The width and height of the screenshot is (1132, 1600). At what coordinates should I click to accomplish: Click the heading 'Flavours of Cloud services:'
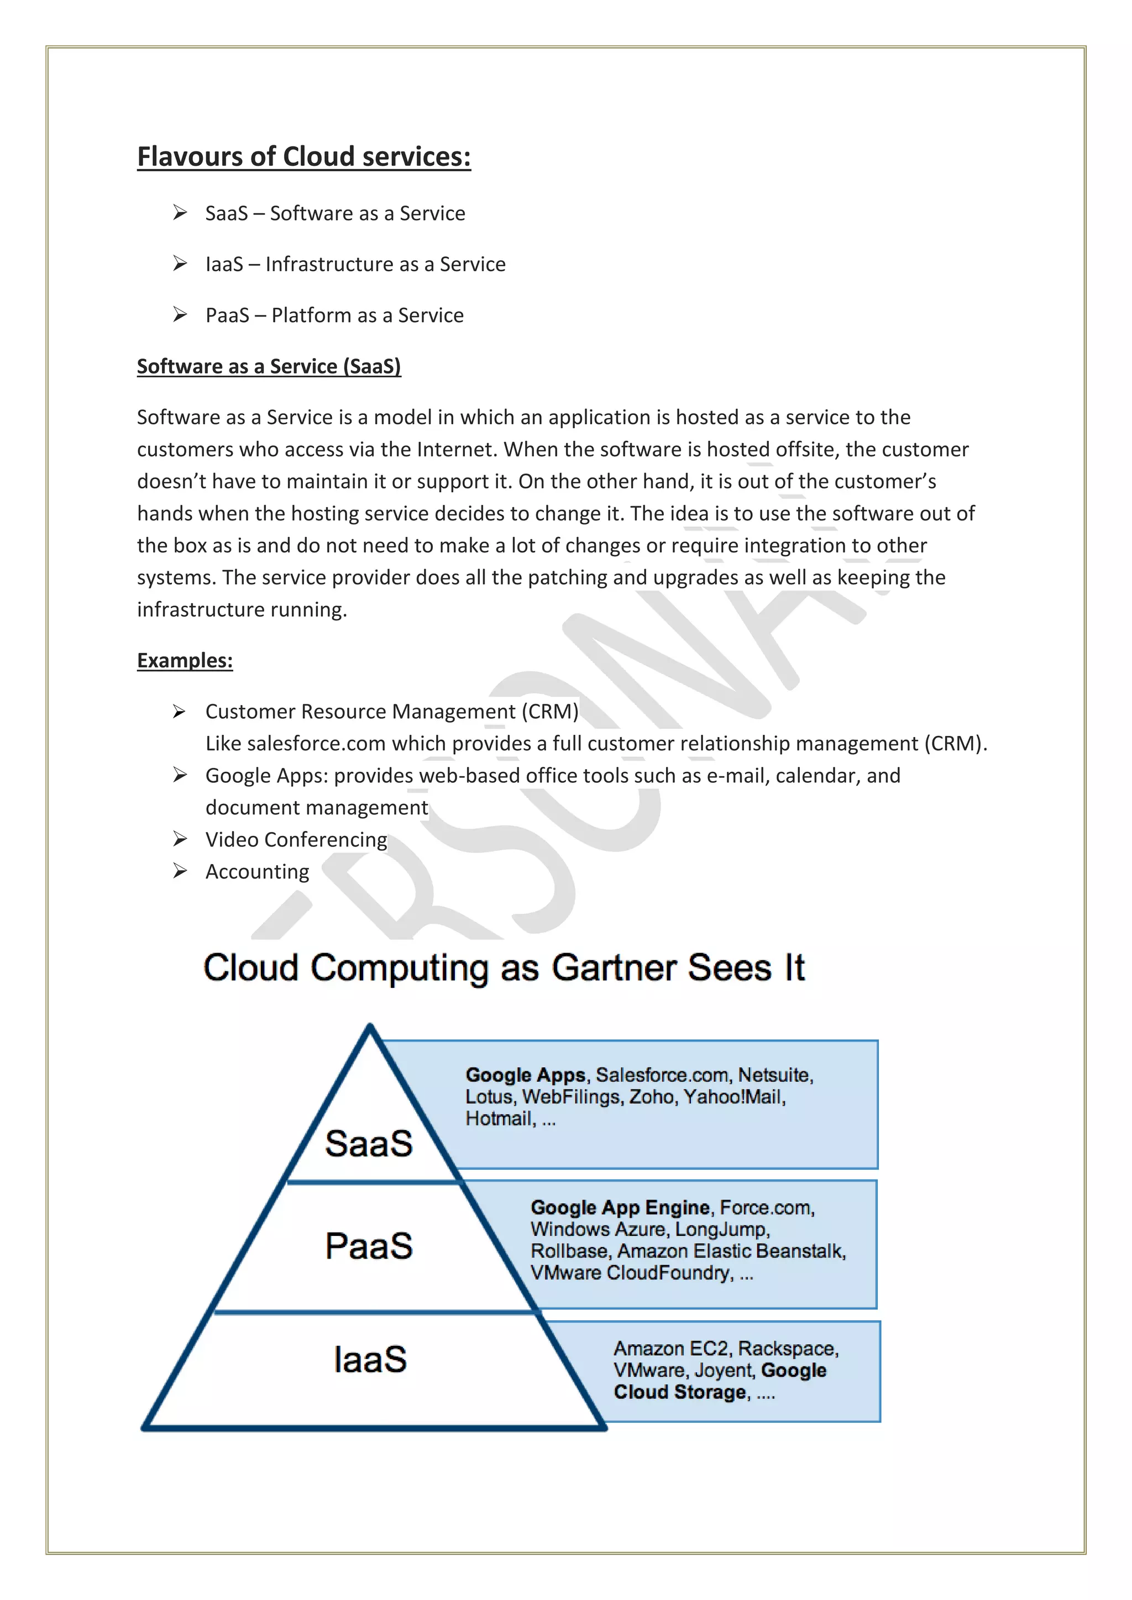(304, 157)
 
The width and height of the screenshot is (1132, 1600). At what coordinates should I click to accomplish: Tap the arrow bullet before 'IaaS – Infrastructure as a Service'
(180, 264)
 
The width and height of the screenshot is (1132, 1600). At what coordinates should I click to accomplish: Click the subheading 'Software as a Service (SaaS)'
(269, 366)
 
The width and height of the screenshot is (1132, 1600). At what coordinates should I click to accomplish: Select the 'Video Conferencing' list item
(296, 840)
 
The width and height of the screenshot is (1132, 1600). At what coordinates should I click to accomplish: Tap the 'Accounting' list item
(257, 872)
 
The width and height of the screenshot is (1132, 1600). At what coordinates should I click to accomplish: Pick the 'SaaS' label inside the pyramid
(369, 1144)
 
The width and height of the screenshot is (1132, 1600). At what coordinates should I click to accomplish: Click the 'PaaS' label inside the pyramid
(369, 1246)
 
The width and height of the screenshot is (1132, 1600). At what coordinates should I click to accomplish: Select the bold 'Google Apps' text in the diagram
(525, 1075)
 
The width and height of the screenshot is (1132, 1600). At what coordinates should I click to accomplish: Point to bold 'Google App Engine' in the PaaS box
(620, 1208)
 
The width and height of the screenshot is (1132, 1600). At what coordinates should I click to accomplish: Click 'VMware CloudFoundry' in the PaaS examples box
(631, 1273)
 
